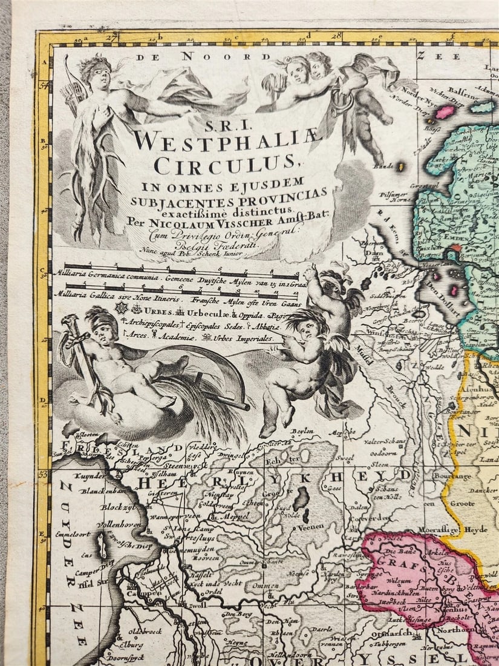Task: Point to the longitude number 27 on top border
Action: (109, 38)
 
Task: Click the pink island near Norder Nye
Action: (444, 112)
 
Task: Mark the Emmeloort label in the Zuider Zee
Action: (73, 535)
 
